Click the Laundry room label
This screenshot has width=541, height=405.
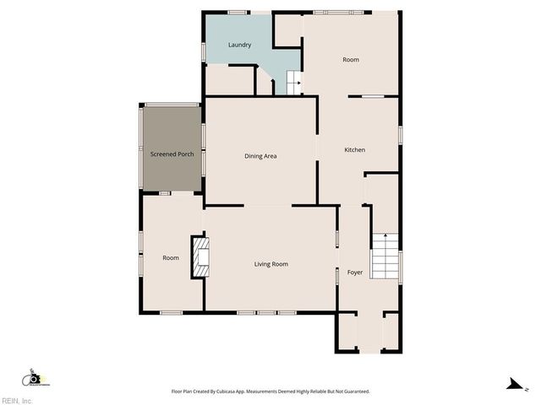pos(239,45)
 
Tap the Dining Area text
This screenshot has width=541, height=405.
pos(260,155)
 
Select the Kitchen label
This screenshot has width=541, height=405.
pos(354,149)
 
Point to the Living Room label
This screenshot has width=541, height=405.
pos(270,264)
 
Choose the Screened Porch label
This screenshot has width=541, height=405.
pos(172,154)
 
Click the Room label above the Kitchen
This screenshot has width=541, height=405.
pos(351,60)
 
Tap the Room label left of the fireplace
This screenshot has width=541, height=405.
pos(171,257)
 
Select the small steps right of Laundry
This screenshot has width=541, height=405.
pos(293,83)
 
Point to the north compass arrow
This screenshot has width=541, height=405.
pos(512,384)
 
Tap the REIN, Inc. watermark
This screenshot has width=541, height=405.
pos(16,400)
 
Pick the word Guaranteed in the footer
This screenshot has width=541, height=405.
pos(352,391)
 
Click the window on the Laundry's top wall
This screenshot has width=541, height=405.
pos(238,12)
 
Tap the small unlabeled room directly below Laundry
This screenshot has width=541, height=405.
pos(230,80)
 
